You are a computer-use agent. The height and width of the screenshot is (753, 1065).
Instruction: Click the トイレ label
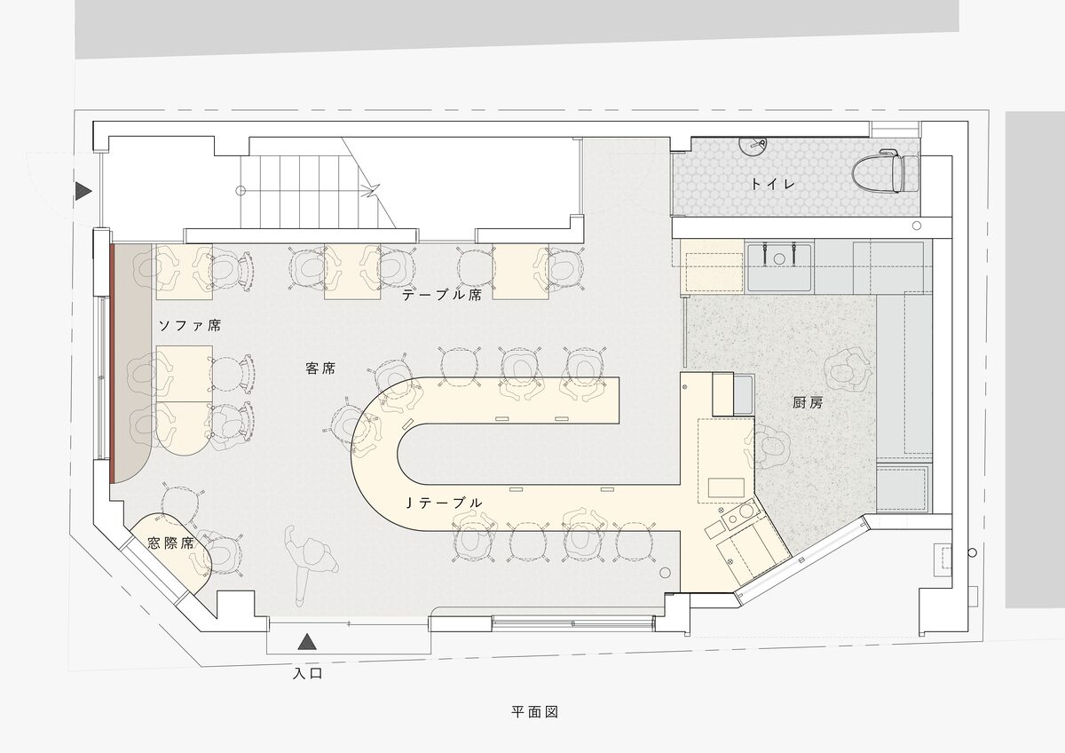tap(773, 184)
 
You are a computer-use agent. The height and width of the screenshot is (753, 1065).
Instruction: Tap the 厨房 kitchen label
tap(808, 403)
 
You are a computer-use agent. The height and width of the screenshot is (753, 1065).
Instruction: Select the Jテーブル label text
tap(444, 503)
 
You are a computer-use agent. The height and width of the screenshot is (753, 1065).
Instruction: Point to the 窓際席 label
tap(170, 543)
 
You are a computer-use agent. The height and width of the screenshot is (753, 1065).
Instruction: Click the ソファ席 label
tap(190, 325)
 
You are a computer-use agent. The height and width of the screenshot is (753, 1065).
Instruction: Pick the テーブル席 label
tap(442, 295)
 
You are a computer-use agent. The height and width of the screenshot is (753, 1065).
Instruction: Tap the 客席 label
tap(320, 369)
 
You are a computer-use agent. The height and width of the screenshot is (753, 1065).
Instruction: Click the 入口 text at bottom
tap(308, 673)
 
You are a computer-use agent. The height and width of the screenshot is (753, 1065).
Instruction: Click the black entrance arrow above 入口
tap(307, 642)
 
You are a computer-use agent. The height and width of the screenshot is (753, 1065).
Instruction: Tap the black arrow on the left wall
tap(83, 191)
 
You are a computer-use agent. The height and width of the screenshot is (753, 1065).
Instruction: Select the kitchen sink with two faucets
tap(779, 266)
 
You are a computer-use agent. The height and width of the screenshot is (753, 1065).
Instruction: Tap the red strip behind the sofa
tap(113, 363)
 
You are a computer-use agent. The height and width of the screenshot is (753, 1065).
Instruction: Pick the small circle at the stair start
tap(241, 191)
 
